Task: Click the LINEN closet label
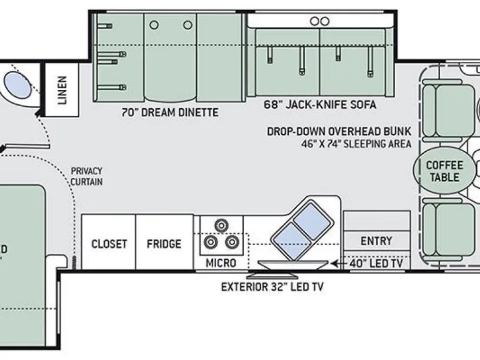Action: pos(62,90)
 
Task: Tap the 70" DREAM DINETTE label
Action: pos(170,112)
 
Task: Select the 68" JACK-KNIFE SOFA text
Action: pos(320,105)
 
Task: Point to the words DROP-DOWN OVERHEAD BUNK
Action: pos(339,131)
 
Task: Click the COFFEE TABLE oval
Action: pos(444,171)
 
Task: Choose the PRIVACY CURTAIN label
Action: pos(87,176)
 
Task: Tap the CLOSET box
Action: pos(109,242)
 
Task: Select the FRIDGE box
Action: pos(164,242)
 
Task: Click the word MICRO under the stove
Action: pos(221,263)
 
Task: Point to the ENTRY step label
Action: pos(376,241)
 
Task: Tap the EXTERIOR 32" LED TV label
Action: pos(272,287)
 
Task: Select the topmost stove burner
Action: pos(221,226)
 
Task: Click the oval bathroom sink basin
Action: pos(17,85)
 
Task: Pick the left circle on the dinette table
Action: pos(154,25)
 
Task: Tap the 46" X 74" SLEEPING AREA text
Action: pos(356,144)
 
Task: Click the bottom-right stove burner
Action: pos(232,242)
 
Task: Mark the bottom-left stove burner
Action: pos(211,242)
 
